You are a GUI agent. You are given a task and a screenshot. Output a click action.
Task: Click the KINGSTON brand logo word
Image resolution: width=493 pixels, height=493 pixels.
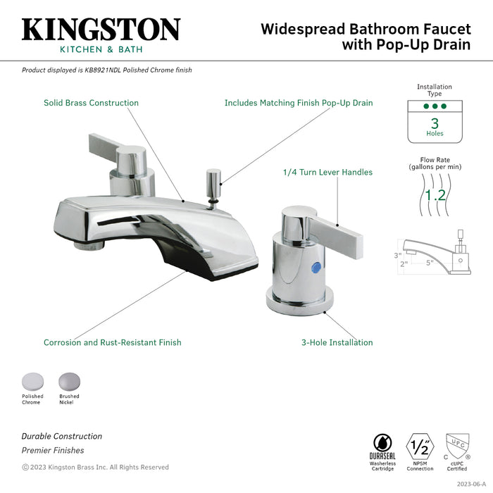tap(101, 30)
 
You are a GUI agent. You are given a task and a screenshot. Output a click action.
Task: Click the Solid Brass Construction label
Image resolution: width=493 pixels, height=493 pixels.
tap(91, 103)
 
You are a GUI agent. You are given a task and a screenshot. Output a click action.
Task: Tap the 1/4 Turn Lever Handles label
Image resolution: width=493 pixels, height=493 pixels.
tap(327, 172)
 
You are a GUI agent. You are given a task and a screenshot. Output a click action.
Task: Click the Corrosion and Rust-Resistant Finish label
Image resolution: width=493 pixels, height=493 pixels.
tap(112, 343)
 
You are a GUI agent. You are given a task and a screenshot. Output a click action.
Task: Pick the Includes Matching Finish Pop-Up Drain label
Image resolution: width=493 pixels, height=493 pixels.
tap(299, 103)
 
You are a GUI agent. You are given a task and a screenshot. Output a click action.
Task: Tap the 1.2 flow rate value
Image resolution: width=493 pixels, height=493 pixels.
tap(435, 195)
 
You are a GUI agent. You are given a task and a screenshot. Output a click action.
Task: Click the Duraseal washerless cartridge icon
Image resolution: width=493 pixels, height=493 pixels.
tap(382, 446)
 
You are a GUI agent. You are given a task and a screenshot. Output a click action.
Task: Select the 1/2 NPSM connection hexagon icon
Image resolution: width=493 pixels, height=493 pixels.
tap(420, 446)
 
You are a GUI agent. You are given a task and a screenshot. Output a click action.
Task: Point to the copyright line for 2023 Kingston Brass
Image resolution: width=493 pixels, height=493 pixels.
tap(95, 467)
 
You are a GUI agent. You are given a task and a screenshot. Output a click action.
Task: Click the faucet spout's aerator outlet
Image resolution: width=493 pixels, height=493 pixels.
tap(87, 245)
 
